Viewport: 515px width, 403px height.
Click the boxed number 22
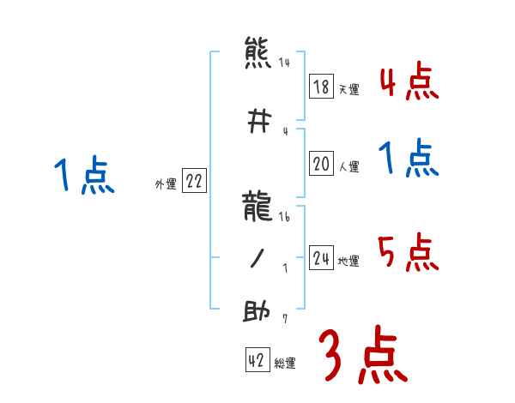click(193, 182)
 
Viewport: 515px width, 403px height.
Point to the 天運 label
click(348, 89)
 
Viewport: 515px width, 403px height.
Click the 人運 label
click(348, 167)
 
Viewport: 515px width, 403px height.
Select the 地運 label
click(348, 261)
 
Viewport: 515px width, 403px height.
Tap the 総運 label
click(284, 364)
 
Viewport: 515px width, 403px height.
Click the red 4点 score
click(409, 83)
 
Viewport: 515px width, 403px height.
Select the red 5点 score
click(409, 253)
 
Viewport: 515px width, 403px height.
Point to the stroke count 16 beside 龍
click(284, 217)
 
